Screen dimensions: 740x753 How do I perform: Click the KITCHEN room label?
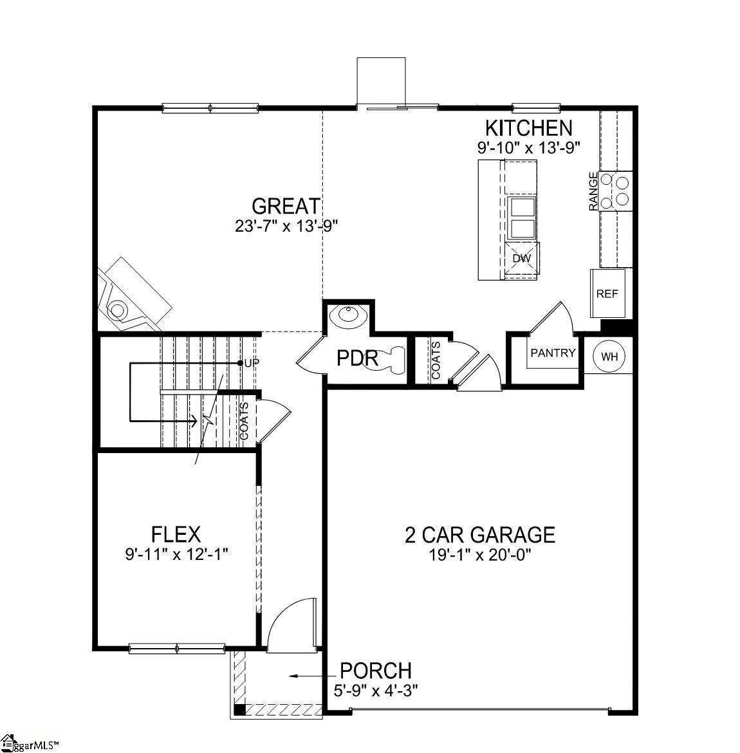point(529,128)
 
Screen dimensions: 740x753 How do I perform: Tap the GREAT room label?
point(286,206)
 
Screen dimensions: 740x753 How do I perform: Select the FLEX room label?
point(176,534)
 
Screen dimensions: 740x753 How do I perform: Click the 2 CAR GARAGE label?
point(480,534)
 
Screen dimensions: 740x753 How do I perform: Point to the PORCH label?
point(376,671)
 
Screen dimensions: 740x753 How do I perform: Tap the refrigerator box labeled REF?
point(607,293)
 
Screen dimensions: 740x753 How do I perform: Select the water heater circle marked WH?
point(610,357)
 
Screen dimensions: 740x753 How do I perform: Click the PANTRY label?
point(553,353)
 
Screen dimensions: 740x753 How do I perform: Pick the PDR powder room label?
point(357,358)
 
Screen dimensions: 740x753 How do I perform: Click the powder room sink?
point(349,315)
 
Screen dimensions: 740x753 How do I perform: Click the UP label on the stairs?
point(251,363)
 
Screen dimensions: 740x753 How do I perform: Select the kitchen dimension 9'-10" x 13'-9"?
point(529,147)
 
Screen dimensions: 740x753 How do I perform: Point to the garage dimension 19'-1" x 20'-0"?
point(480,555)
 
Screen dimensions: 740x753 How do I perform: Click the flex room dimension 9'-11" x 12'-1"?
point(176,555)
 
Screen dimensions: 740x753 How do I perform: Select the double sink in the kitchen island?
point(522,218)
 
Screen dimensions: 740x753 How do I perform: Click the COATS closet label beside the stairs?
point(245,421)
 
